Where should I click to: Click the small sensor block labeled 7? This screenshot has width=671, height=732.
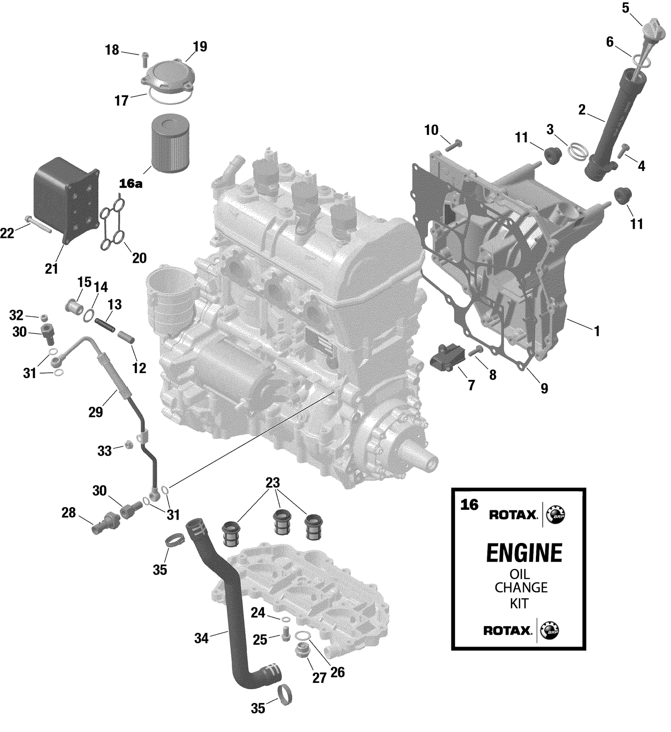click(x=446, y=358)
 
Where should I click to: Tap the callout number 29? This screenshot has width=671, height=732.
click(x=96, y=412)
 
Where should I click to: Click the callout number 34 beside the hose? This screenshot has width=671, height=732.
click(x=201, y=639)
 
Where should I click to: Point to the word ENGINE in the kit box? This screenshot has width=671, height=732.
click(x=524, y=553)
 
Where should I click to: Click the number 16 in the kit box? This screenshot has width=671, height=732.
click(x=469, y=505)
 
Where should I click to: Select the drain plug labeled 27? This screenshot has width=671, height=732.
click(x=303, y=652)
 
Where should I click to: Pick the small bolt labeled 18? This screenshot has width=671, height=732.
click(x=144, y=58)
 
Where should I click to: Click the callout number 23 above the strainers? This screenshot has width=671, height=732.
click(x=272, y=483)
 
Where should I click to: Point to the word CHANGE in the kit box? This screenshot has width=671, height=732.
click(x=521, y=587)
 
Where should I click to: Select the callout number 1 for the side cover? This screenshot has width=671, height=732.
click(x=596, y=331)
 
